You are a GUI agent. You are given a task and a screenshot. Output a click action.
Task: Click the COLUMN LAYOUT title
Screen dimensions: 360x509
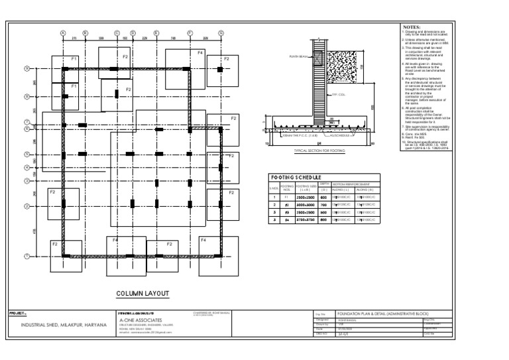pyautogui.click(x=143, y=293)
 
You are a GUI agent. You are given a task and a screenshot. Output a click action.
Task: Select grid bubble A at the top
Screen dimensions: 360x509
pyautogui.click(x=63, y=32)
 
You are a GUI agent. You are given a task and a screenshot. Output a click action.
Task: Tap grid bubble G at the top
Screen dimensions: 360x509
pyautogui.click(x=218, y=32)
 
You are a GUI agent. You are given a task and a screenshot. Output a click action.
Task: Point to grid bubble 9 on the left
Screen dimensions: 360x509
pyautogui.click(x=27, y=68)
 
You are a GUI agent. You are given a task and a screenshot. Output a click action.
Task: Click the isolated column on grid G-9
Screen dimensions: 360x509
pyautogui.click(x=218, y=68)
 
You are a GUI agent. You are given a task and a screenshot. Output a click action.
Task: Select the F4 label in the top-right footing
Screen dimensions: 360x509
pyautogui.click(x=200, y=52)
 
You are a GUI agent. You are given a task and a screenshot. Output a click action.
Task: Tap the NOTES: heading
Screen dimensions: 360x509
pyautogui.click(x=412, y=27)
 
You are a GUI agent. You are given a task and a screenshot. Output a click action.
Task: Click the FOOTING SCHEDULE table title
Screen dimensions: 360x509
pyautogui.click(x=295, y=177)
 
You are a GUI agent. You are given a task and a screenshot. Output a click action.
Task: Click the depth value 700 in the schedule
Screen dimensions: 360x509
pyautogui.click(x=323, y=206)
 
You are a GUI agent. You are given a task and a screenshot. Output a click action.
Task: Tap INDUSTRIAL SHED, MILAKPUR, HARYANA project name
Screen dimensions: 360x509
pyautogui.click(x=62, y=326)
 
